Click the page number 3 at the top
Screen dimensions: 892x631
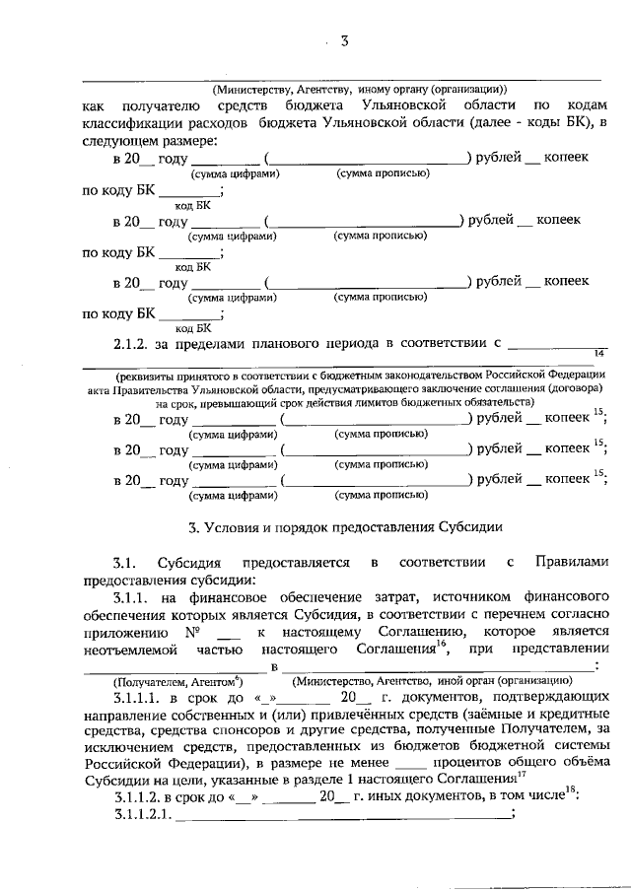(345, 41)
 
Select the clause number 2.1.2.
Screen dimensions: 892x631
(133, 344)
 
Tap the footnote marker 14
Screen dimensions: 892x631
(597, 354)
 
